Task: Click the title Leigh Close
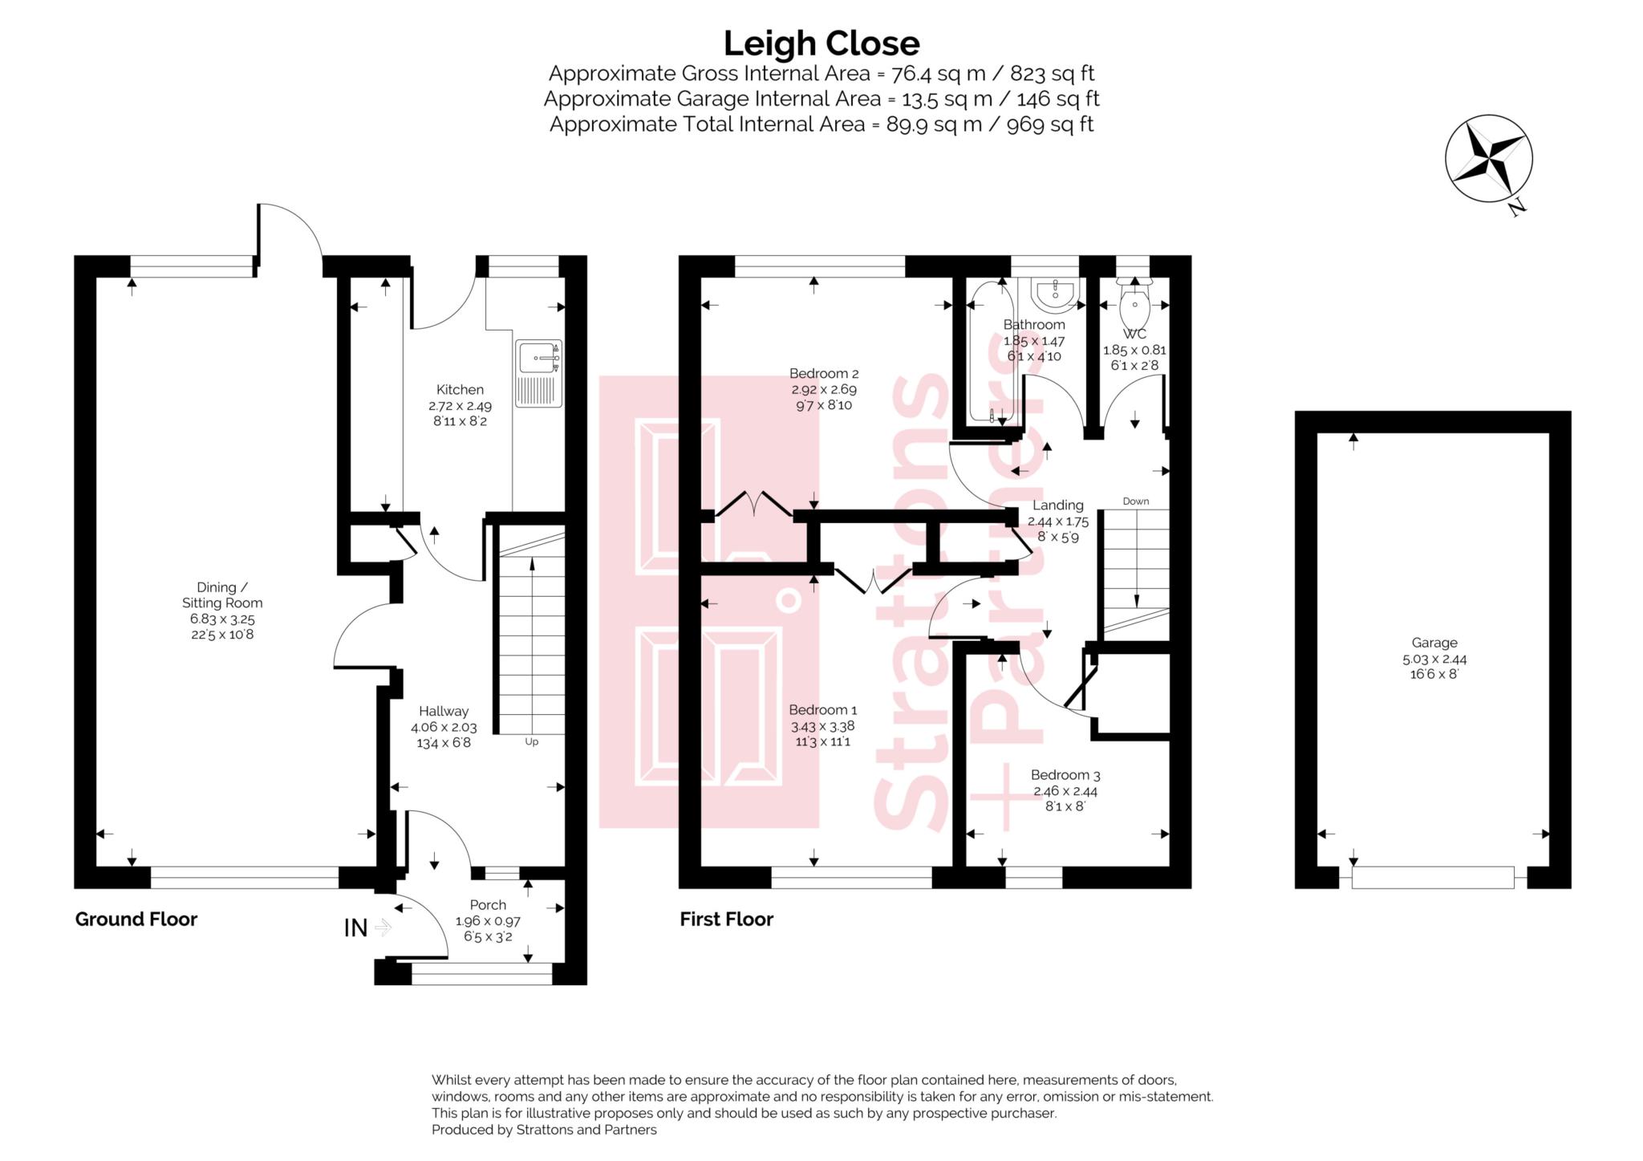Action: pos(821,43)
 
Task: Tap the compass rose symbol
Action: pos(1488,158)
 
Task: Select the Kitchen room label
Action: pos(460,390)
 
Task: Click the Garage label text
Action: pos(1434,643)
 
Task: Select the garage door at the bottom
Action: pos(1432,877)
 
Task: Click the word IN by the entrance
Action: pos(355,928)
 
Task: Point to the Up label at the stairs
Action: pos(531,742)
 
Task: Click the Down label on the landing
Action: pos(1135,501)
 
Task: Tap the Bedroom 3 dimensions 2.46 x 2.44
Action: pos(1065,791)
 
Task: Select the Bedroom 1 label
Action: pos(822,710)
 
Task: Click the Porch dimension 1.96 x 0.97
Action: pos(487,922)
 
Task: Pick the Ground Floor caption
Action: pos(136,919)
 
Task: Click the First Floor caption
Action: pos(726,919)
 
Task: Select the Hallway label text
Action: pos(443,711)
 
